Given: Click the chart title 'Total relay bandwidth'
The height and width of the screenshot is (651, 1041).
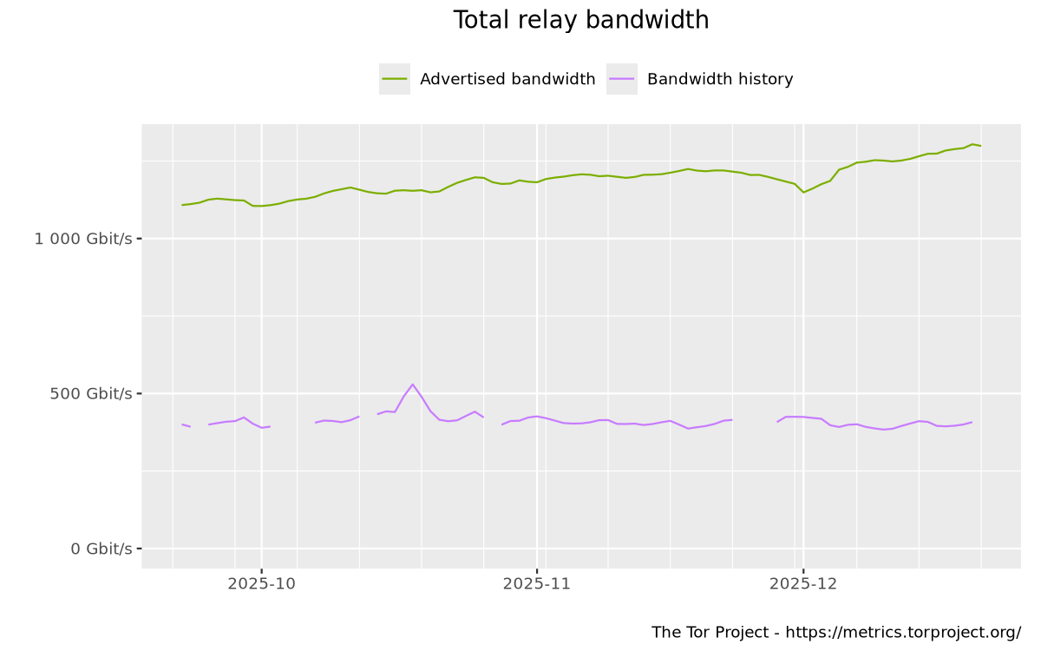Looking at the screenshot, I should [580, 20].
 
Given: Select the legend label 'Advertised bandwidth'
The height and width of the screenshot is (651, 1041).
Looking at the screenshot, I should [507, 79].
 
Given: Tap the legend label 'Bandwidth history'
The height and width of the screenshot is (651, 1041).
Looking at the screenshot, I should [720, 79].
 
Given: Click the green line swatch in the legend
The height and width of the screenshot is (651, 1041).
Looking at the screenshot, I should [394, 79].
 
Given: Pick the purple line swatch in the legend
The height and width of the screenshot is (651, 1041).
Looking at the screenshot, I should [621, 79].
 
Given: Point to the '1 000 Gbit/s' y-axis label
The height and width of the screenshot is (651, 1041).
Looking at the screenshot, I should [83, 239].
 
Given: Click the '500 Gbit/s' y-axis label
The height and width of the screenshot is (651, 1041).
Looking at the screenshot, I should [90, 393].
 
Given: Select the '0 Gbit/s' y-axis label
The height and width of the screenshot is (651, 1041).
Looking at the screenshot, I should [101, 549].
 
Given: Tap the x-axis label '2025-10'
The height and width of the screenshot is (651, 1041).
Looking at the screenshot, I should [261, 584].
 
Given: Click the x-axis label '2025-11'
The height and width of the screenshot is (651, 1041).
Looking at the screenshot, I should [536, 584].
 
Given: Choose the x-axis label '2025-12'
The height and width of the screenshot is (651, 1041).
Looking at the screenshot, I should [802, 584].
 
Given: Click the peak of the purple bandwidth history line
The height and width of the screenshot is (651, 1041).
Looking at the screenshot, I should [412, 385].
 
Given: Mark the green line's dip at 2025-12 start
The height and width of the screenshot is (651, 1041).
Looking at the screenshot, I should [803, 192].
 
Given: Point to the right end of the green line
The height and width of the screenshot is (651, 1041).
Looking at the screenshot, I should [980, 146].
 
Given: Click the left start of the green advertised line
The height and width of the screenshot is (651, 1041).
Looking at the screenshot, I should [182, 205].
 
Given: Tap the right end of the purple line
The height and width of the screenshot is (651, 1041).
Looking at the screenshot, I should [972, 422].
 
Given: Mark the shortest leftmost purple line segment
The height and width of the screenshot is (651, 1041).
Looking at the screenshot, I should [186, 425].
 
